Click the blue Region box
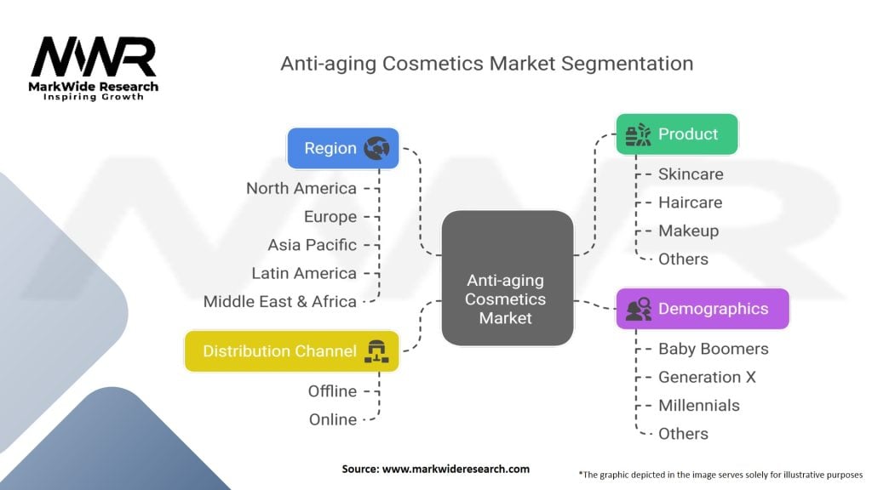(343, 148)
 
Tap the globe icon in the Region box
(376, 148)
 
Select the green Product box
(677, 134)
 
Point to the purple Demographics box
(703, 309)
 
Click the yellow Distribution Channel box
(292, 351)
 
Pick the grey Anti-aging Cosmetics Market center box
(508, 278)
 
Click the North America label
(301, 188)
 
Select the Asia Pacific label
(313, 245)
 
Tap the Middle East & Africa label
(279, 302)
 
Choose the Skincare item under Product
(691, 174)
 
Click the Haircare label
(690, 202)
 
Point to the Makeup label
(688, 231)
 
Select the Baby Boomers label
(714, 349)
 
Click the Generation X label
(708, 377)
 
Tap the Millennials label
(699, 406)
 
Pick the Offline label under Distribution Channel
(333, 391)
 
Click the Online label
(333, 419)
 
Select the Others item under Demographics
(684, 434)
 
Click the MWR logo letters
(94, 57)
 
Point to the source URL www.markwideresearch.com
(456, 469)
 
